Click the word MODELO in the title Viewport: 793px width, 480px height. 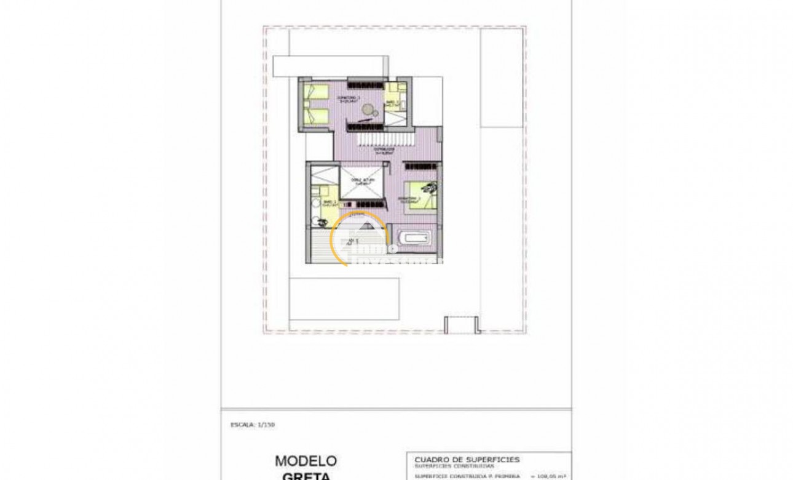pyautogui.click(x=306, y=460)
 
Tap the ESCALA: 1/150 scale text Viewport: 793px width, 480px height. pyautogui.click(x=254, y=425)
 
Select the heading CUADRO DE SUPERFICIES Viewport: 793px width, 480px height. pyautogui.click(x=467, y=459)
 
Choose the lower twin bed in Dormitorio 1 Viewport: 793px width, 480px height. pyautogui.click(x=318, y=116)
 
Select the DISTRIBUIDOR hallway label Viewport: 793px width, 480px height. pyautogui.click(x=385, y=150)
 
